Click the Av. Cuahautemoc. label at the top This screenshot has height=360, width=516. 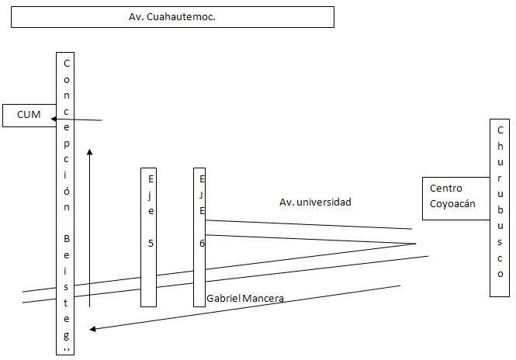pos(171,17)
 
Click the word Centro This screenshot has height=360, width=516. pos(446,189)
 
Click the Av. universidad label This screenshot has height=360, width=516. pos(315,202)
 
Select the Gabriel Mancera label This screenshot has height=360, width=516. pos(245,298)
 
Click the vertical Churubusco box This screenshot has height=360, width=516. pos(500,208)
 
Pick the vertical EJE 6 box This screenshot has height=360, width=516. pos(200,237)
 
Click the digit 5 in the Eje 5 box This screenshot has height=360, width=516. pos(151,243)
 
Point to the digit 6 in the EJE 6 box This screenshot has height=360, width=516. pos(202,243)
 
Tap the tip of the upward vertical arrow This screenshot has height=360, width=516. pos(91,151)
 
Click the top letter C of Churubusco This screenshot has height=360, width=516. pos(500,129)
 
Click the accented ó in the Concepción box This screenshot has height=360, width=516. pos(68,192)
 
